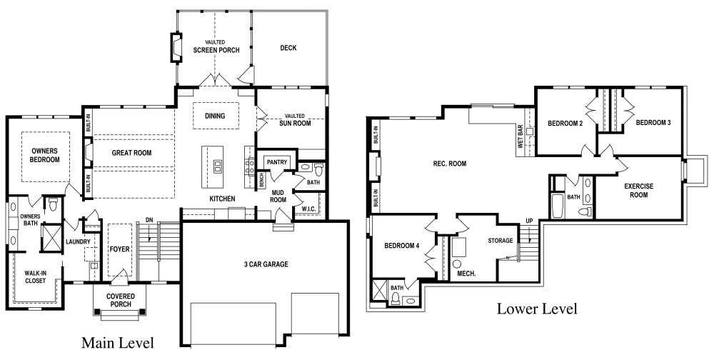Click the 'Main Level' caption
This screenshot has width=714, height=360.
[x=118, y=343]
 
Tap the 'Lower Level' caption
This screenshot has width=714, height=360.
[x=537, y=309]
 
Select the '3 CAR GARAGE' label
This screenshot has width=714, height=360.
[x=266, y=264]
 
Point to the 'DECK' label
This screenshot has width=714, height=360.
[x=288, y=47]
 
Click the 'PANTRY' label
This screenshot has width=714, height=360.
[x=277, y=162]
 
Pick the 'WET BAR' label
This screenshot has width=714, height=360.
[x=521, y=136]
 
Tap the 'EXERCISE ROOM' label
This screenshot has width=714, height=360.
[x=638, y=191]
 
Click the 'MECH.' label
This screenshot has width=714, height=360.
[x=466, y=274]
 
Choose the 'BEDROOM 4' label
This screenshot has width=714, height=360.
[x=401, y=246]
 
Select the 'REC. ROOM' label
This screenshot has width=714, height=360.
[x=449, y=164]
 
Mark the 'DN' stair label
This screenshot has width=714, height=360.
[x=149, y=220]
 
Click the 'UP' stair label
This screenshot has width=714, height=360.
[x=529, y=221]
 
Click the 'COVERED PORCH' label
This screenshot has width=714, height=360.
[x=121, y=300]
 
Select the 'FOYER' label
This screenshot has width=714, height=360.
[x=120, y=249]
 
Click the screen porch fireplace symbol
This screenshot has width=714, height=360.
[x=176, y=47]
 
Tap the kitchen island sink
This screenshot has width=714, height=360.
[x=217, y=166]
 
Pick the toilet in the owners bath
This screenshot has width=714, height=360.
[x=53, y=204]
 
